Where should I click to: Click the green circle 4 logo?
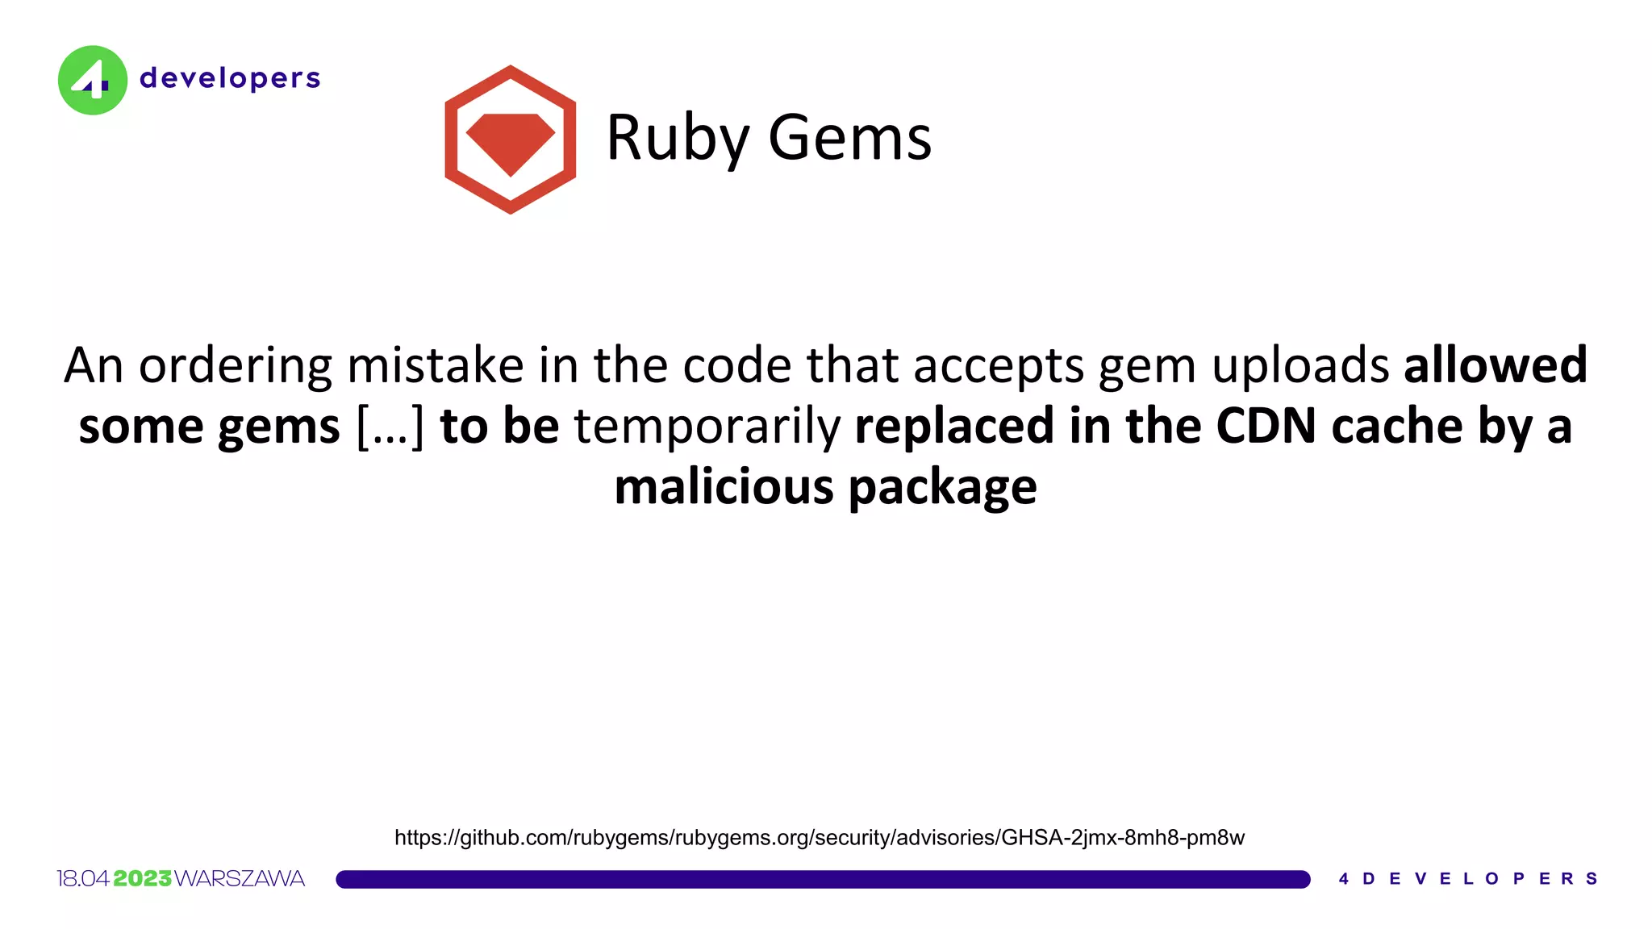[x=93, y=80]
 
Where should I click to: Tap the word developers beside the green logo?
[x=230, y=78]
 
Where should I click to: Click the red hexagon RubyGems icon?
[x=510, y=140]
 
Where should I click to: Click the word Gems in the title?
[x=849, y=138]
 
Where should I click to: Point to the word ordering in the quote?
[x=235, y=365]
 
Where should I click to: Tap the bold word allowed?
[x=1495, y=365]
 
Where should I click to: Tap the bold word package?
[x=942, y=489]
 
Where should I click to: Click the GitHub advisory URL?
[x=819, y=838]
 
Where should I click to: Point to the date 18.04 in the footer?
[x=83, y=878]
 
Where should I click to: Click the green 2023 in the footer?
[x=143, y=878]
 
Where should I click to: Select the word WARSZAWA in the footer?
[x=240, y=878]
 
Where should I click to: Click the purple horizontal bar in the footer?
[x=823, y=879]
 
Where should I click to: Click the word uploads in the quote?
[x=1300, y=367]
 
